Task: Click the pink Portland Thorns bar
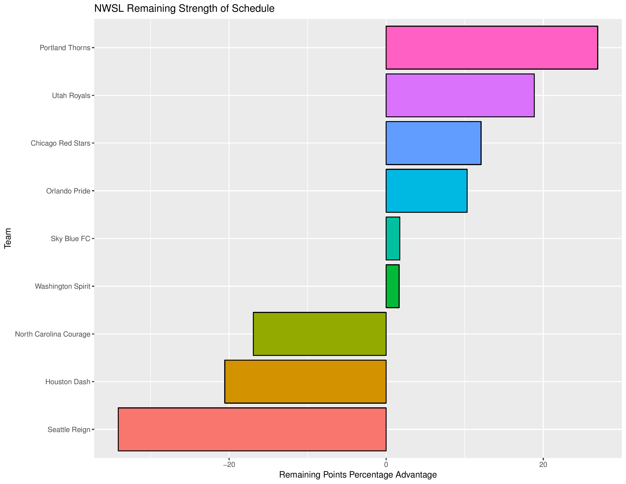pos(492,48)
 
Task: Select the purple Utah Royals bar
pos(460,95)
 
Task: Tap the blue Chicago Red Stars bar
pos(433,143)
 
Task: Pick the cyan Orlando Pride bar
pos(426,191)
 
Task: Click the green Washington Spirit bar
pos(392,286)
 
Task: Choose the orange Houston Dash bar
pos(305,382)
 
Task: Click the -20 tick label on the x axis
pos(229,465)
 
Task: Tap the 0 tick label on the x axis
pos(386,465)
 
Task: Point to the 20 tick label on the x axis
pos(543,465)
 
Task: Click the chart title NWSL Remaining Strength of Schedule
pos(184,9)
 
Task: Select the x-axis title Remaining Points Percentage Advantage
pos(358,475)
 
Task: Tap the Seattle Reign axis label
pos(69,430)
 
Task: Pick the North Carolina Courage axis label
pos(53,334)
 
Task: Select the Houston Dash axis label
pos(68,382)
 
